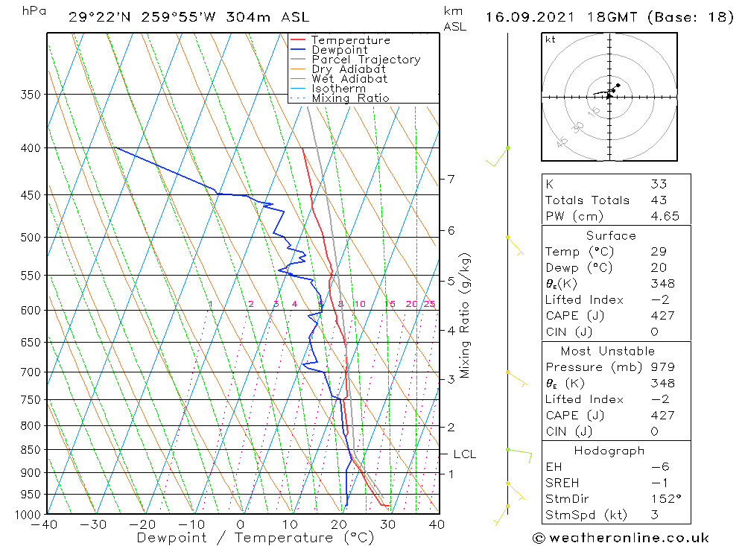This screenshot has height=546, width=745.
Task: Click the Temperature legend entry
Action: click(x=350, y=40)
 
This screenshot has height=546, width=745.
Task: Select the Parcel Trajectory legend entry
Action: click(x=366, y=60)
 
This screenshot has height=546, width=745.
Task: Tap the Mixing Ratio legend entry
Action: click(x=350, y=98)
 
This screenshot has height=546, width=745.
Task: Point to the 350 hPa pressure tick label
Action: click(x=31, y=95)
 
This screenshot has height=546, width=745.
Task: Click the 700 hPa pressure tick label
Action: click(x=31, y=372)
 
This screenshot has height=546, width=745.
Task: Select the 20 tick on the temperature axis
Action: click(x=339, y=524)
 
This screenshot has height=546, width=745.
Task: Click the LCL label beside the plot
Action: click(x=465, y=454)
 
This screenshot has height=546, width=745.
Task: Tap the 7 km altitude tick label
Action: click(x=451, y=179)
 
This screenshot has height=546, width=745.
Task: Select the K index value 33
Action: click(x=658, y=184)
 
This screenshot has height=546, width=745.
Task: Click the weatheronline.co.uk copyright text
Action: click(x=621, y=538)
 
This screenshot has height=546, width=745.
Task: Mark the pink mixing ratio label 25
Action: click(x=429, y=304)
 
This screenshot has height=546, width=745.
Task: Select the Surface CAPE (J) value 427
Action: click(x=661, y=316)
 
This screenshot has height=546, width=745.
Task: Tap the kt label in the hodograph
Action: click(x=550, y=40)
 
